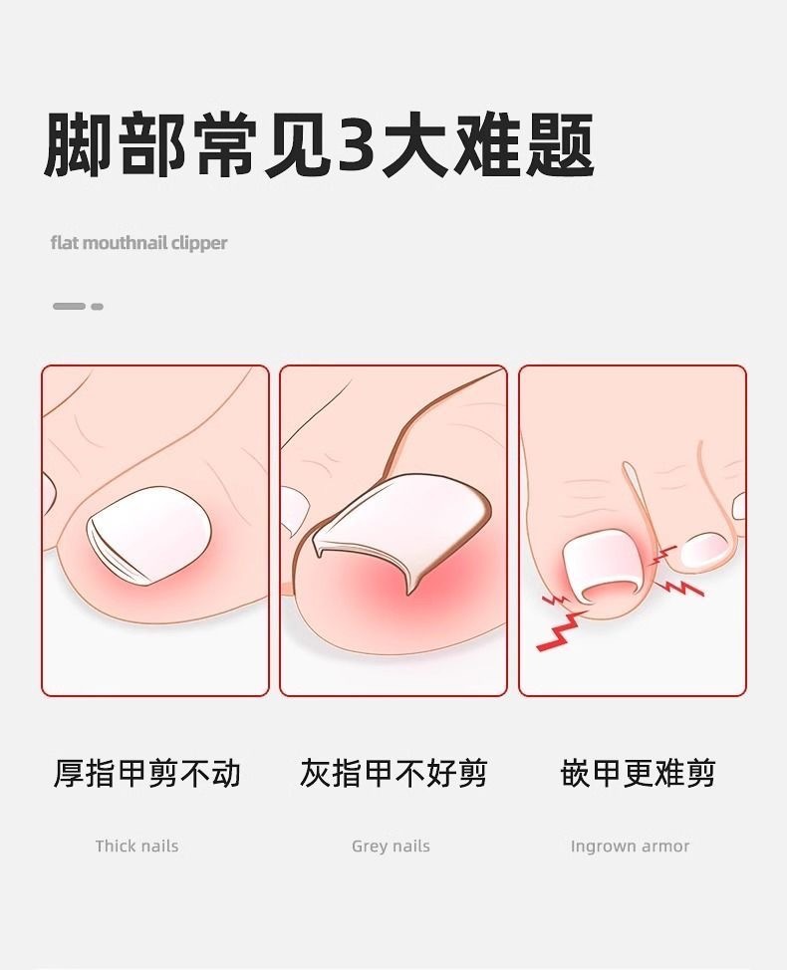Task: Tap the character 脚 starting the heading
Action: [77, 146]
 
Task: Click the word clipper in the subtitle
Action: [198, 243]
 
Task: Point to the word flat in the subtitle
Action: [65, 243]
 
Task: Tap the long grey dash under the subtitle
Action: [69, 306]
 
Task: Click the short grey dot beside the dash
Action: [97, 306]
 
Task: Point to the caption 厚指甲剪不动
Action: [146, 773]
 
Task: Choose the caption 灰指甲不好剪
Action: [393, 773]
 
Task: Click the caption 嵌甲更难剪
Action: [638, 773]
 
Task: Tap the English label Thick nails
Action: [136, 847]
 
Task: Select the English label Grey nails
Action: [391, 847]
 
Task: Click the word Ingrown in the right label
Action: [603, 847]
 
